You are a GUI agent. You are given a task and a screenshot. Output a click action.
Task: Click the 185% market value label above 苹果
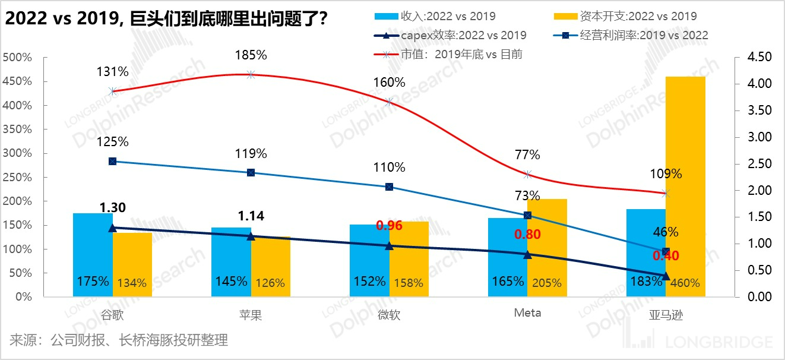point(251,55)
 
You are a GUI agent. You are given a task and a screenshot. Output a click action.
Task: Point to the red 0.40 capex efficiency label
point(665,256)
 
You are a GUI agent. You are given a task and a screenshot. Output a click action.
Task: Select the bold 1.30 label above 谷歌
point(112,207)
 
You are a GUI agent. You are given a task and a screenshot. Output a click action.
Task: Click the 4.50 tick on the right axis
point(755,58)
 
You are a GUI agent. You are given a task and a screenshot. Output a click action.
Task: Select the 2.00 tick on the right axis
point(755,191)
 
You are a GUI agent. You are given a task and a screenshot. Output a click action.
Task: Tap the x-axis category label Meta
point(527,312)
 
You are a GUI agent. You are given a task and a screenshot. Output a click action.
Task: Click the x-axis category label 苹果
point(251,314)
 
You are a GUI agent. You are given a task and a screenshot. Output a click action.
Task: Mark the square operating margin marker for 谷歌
point(112,161)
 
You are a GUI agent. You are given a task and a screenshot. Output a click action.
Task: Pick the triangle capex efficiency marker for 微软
point(390,245)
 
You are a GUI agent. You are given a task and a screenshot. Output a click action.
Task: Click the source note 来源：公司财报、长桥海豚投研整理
point(119,340)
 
